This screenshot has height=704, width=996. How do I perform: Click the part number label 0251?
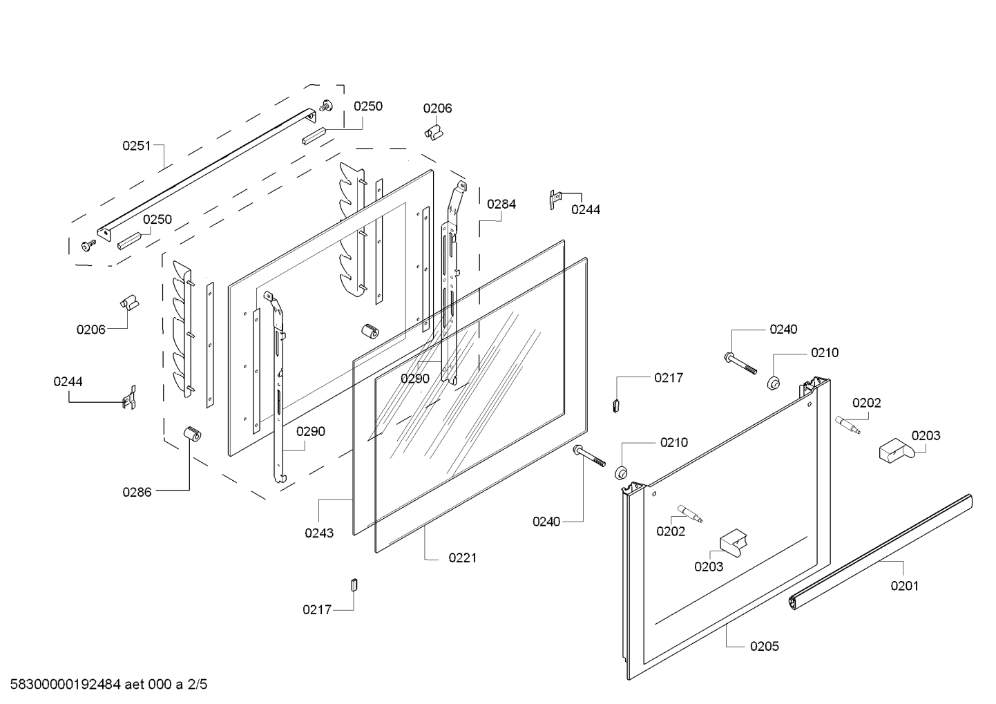[x=136, y=146]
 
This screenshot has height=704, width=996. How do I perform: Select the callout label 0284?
[x=501, y=204]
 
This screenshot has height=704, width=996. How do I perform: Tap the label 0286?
[x=137, y=492]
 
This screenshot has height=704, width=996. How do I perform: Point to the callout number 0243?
[x=318, y=533]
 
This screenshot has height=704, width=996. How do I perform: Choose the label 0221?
[x=462, y=558]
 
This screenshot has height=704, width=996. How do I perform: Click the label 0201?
[x=904, y=586]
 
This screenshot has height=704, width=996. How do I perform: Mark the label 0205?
[x=765, y=646]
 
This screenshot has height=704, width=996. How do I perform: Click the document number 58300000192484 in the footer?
[x=62, y=685]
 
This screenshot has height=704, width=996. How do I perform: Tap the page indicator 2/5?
[x=198, y=685]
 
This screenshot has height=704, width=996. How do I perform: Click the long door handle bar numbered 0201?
[x=881, y=553]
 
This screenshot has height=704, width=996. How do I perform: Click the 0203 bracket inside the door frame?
[x=733, y=541]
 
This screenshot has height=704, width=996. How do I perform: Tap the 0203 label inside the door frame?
[x=709, y=567]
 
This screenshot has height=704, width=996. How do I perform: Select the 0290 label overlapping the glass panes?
[x=414, y=379]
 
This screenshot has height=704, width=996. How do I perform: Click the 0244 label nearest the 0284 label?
[x=585, y=209]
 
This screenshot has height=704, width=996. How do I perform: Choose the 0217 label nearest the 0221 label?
[x=316, y=609]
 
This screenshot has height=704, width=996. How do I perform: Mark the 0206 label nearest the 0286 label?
[x=90, y=330]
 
